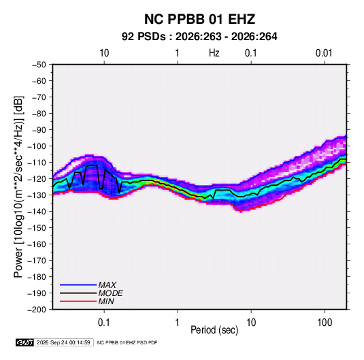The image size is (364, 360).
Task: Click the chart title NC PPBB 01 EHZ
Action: (x=199, y=19)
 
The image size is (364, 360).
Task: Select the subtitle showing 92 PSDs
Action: (x=199, y=37)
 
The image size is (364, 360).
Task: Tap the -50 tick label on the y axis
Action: (x=39, y=65)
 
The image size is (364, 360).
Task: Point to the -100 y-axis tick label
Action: (x=37, y=146)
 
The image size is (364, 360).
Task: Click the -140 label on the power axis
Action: (x=37, y=212)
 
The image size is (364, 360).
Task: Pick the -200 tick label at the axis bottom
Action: (x=37, y=310)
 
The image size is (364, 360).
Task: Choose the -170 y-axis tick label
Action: (x=37, y=261)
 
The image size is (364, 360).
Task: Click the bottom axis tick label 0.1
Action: (x=104, y=323)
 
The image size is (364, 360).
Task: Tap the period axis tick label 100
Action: (x=325, y=323)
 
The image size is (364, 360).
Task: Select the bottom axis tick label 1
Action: (x=178, y=323)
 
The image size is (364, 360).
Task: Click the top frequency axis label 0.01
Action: (x=324, y=53)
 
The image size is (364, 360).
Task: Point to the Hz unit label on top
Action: (x=214, y=53)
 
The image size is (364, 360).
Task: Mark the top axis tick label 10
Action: (x=104, y=53)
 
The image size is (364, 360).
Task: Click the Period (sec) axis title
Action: (x=214, y=330)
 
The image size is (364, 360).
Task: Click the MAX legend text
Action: (x=107, y=284)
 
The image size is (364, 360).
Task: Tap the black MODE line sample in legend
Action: (x=78, y=293)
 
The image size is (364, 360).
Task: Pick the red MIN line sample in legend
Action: (x=78, y=301)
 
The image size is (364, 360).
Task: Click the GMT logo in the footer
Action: (x=25, y=342)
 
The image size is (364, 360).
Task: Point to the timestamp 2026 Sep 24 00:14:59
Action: (x=63, y=342)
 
